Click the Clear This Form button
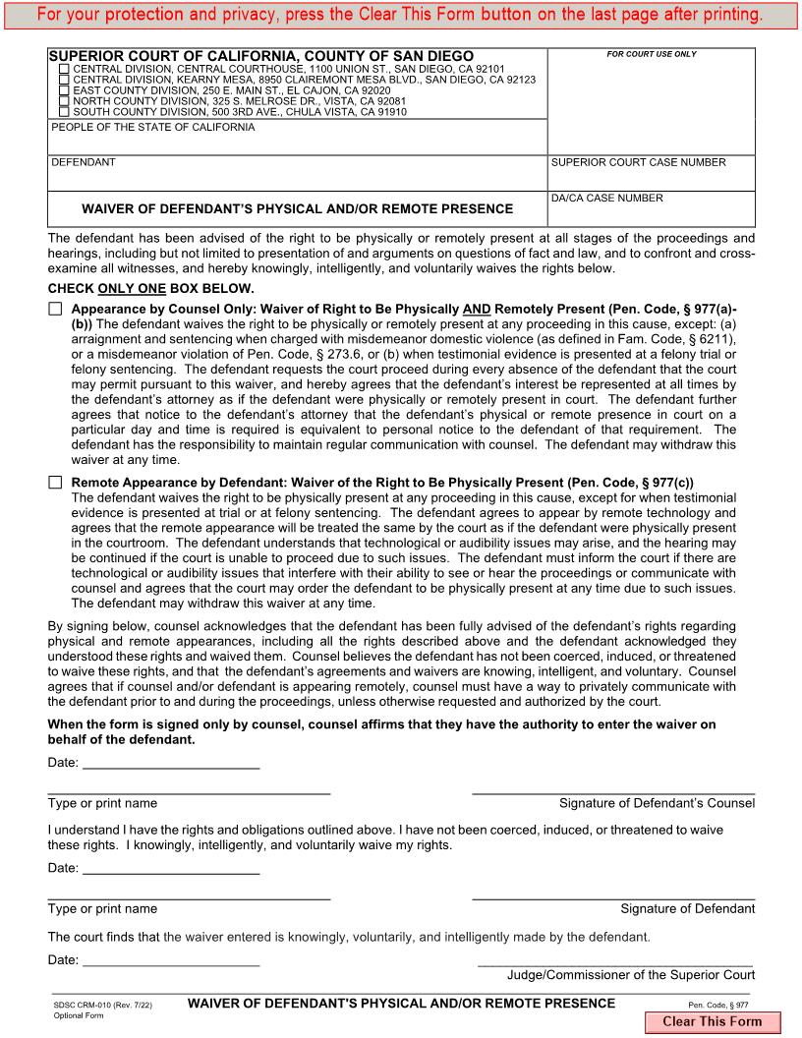712,1021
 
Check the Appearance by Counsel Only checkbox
55,309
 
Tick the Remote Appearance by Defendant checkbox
55,483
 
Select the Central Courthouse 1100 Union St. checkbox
65,69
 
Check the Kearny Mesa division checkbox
65,80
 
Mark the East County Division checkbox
65,90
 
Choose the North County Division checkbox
65,101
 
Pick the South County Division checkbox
65,112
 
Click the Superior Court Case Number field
652,178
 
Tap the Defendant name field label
84,162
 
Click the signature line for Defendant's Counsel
613,789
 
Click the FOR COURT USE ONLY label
651,54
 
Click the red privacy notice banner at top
401,15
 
